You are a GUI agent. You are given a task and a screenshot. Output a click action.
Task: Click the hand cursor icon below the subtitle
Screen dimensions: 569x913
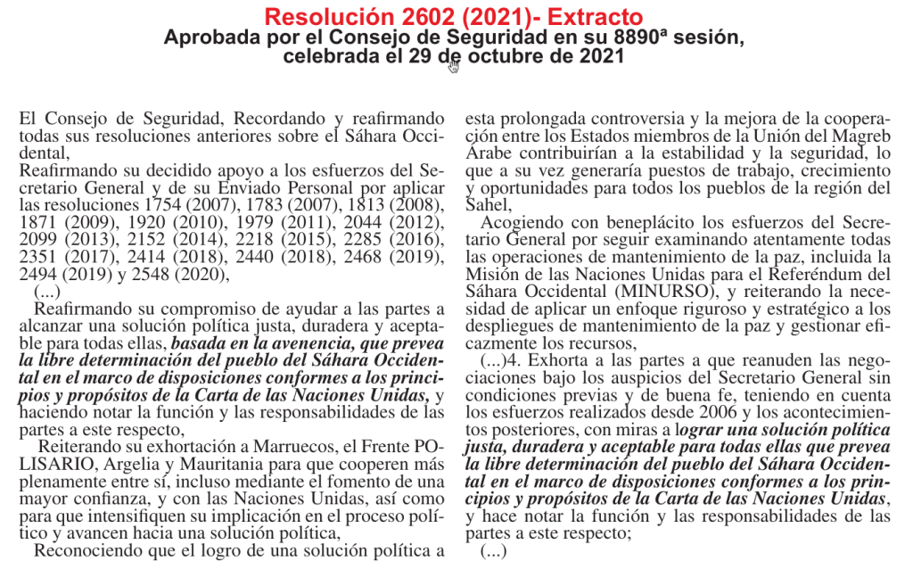point(454,67)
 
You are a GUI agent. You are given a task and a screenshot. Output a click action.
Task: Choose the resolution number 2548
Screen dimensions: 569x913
point(155,273)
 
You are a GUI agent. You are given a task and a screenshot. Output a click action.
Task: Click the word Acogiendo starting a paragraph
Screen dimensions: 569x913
point(519,221)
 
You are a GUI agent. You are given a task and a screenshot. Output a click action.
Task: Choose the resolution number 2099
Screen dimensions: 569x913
point(37,238)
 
